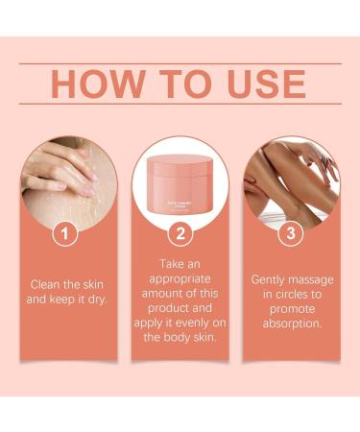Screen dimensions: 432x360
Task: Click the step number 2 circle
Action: tap(180, 232)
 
